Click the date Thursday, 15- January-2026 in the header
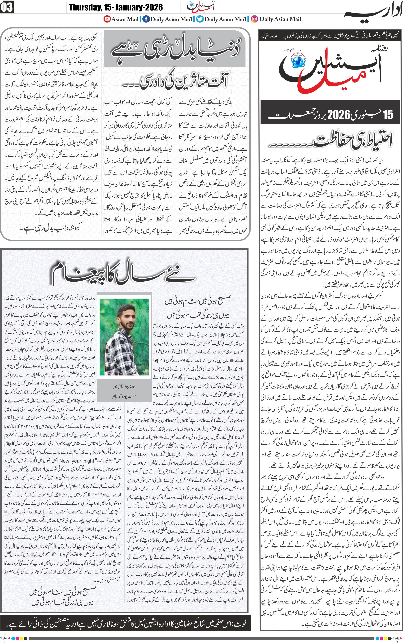[115, 7]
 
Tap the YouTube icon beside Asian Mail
[107, 19]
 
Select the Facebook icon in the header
[146, 19]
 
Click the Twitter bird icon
[200, 19]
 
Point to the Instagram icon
[254, 19]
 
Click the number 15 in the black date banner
[388, 115]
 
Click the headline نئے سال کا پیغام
[123, 275]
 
